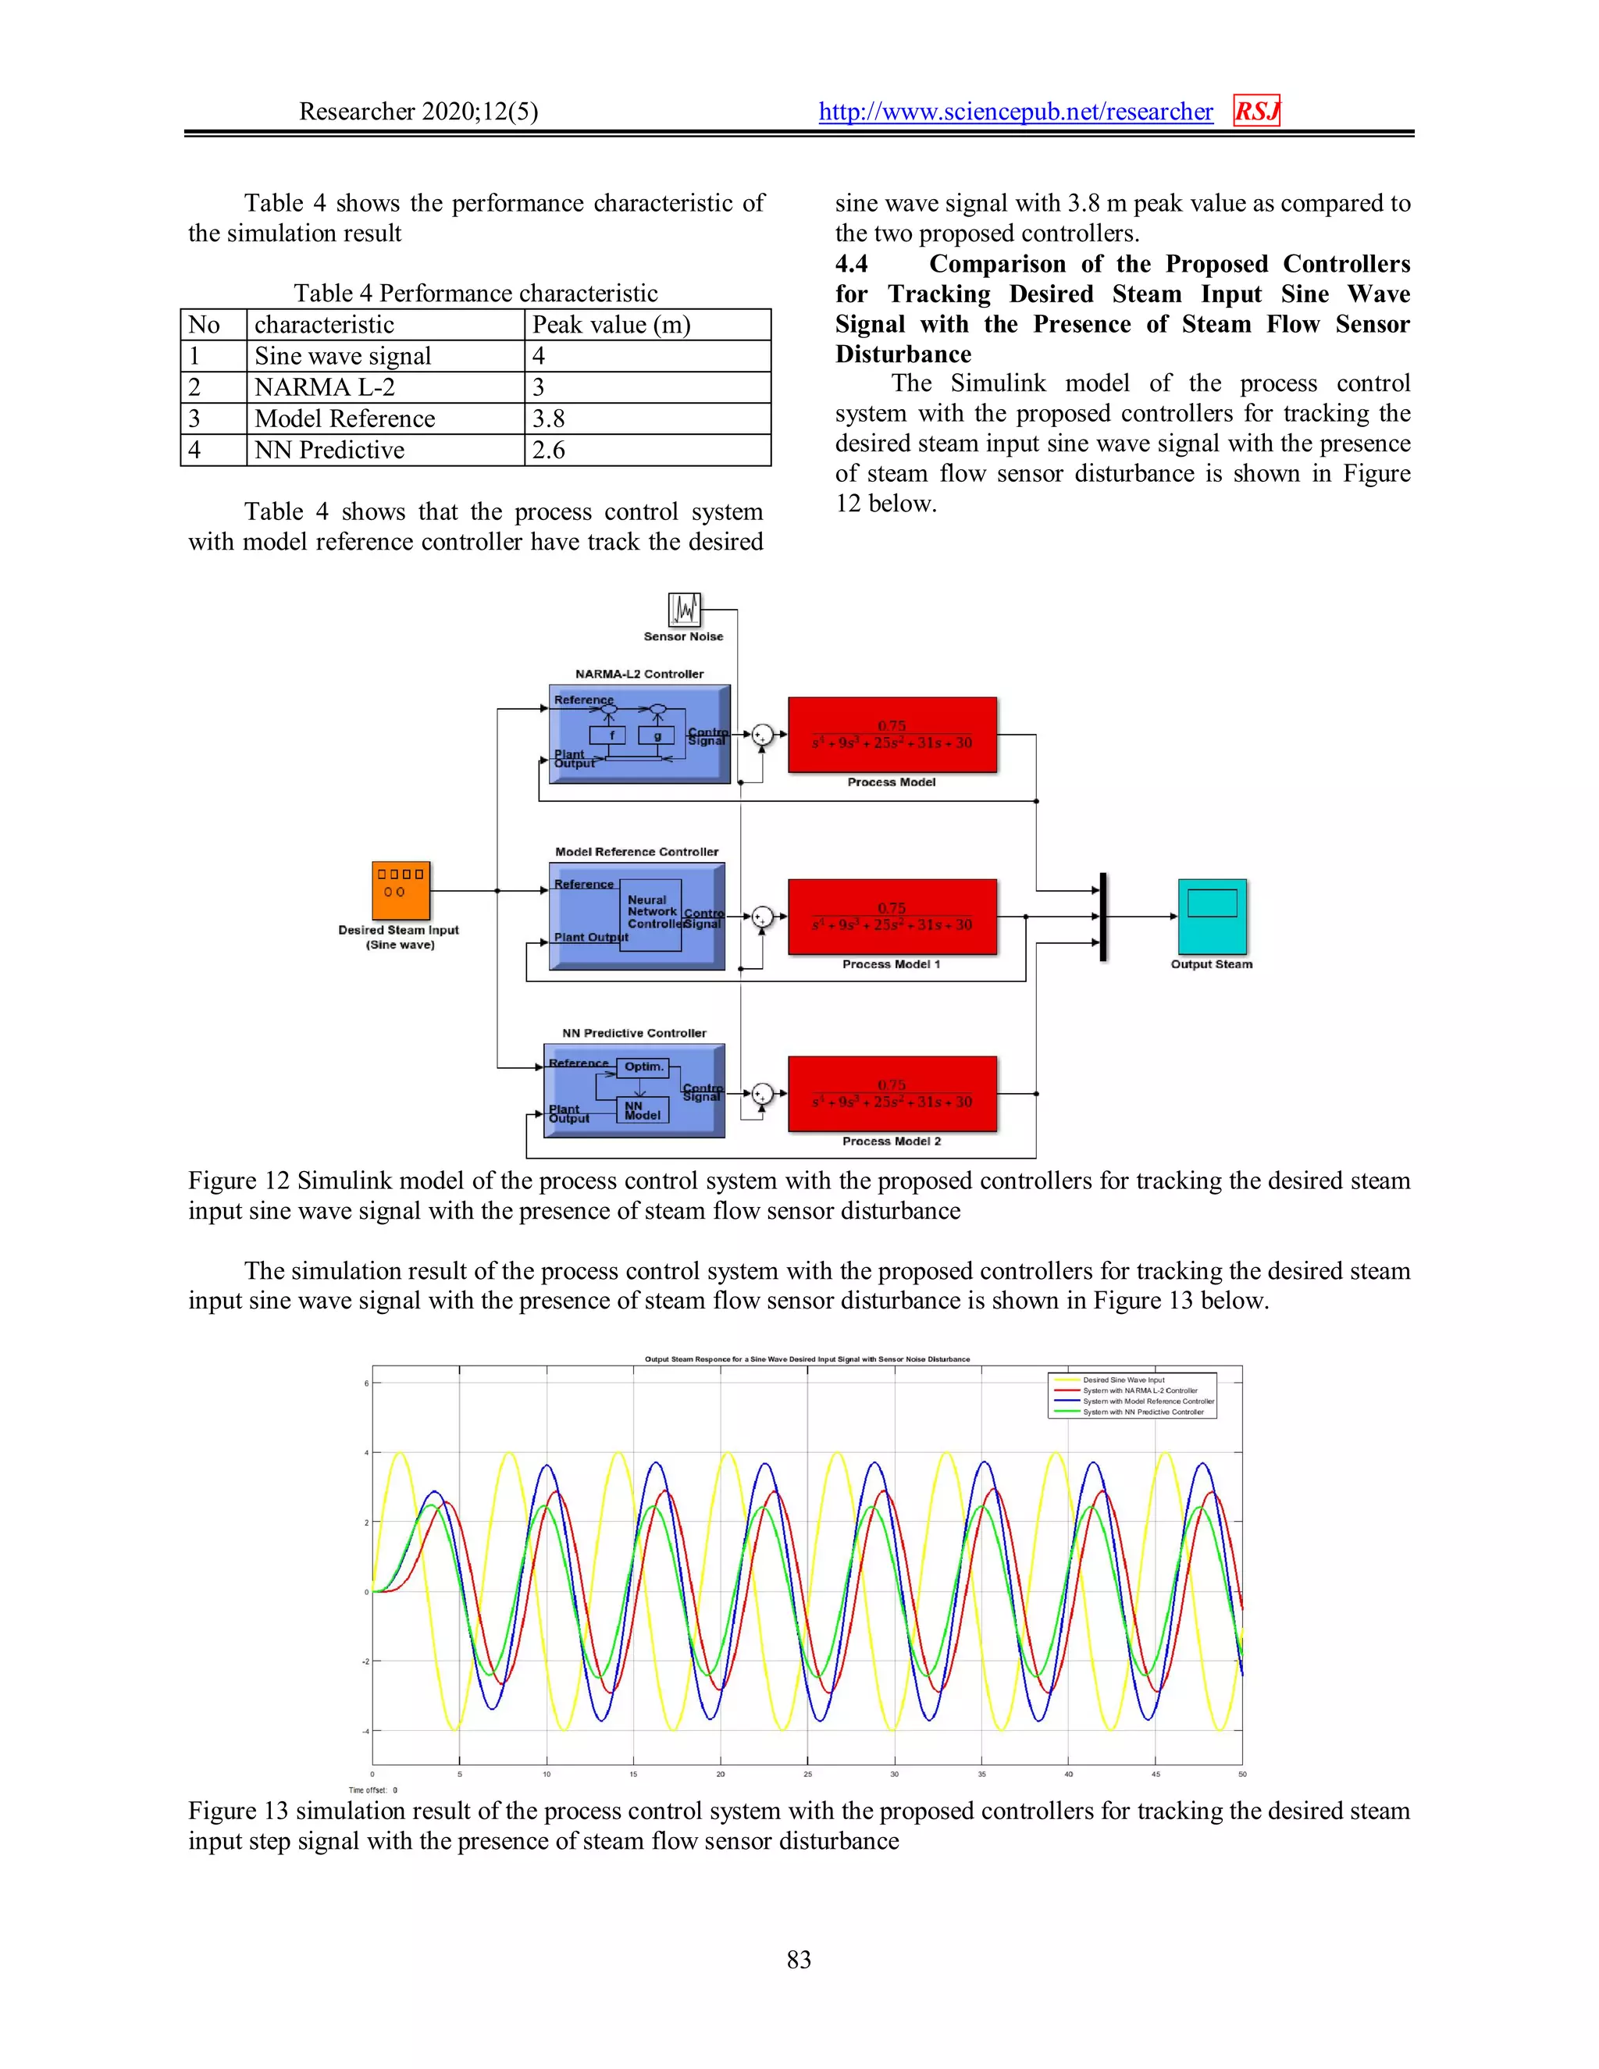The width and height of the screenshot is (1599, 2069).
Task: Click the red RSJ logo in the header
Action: click(1256, 111)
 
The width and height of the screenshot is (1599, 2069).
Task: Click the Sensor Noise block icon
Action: click(684, 610)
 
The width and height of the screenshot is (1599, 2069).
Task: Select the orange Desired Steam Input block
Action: click(401, 891)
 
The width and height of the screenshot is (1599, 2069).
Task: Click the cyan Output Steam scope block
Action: click(1212, 916)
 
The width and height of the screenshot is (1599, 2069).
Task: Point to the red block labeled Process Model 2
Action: click(892, 1093)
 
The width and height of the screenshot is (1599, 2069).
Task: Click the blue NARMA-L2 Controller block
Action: click(639, 734)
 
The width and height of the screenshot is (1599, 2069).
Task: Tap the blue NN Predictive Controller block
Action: click(634, 1091)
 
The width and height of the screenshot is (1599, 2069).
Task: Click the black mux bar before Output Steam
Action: click(1102, 916)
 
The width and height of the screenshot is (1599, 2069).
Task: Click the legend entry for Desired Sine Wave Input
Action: click(1124, 1380)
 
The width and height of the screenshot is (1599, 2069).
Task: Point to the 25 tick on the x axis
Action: click(807, 1773)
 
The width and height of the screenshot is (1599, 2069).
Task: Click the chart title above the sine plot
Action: click(807, 1359)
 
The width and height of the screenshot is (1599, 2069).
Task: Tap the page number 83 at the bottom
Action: click(799, 1959)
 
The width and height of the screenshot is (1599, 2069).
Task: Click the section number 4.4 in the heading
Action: click(851, 265)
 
